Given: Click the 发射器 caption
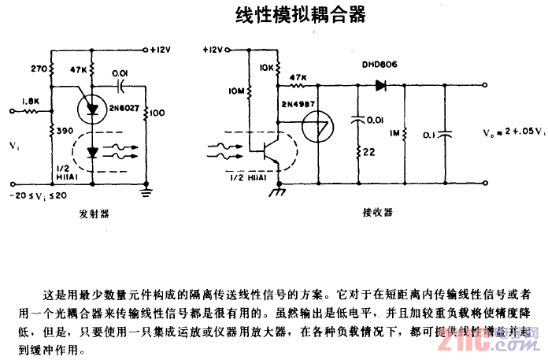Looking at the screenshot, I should coord(94,213).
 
